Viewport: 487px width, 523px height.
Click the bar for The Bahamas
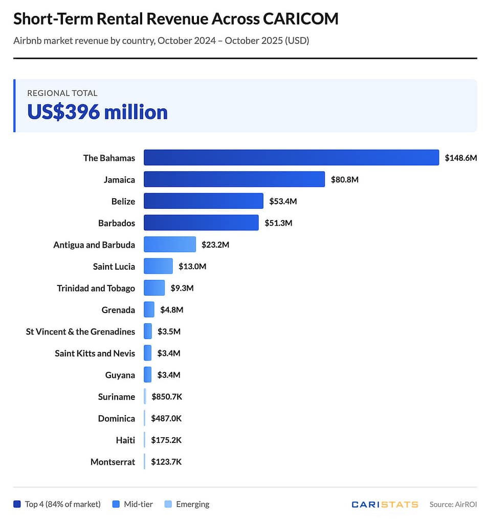pyautogui.click(x=291, y=157)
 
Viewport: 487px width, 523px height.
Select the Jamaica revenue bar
pyautogui.click(x=234, y=179)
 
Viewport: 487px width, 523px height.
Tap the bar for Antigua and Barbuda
pyautogui.click(x=170, y=244)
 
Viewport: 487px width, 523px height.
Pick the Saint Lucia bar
pyautogui.click(x=158, y=266)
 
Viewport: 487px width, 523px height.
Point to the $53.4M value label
pyautogui.click(x=283, y=201)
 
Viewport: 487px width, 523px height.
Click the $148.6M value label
pyautogui.click(x=460, y=158)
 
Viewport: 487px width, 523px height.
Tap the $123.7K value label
pyautogui.click(x=166, y=462)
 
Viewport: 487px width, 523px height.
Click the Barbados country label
pyautogui.click(x=117, y=223)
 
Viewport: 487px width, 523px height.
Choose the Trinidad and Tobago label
pyautogui.click(x=96, y=288)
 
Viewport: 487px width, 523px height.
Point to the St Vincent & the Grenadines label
pyautogui.click(x=80, y=331)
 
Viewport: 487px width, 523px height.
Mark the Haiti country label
pyautogui.click(x=125, y=440)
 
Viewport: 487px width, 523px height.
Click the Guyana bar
pyautogui.click(x=147, y=375)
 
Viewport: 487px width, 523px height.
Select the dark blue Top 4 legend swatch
pyautogui.click(x=17, y=504)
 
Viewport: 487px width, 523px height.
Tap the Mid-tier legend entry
pyautogui.click(x=136, y=504)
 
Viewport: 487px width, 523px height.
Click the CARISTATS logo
pyautogui.click(x=385, y=504)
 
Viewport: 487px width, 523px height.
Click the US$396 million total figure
pyautogui.click(x=97, y=112)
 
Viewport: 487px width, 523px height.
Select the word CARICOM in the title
pyautogui.click(x=300, y=19)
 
